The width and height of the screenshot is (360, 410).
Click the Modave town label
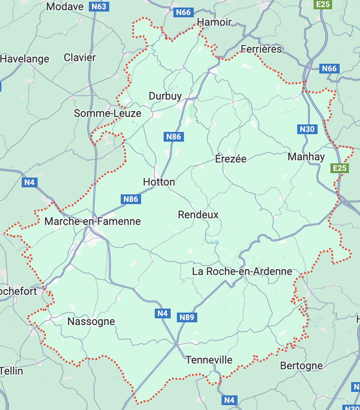coord(65,7)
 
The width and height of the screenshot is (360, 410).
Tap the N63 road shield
coord(99,7)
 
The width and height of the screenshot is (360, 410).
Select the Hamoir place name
coord(214,22)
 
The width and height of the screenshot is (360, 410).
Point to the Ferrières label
coord(261,49)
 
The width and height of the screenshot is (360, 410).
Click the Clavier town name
coord(80,58)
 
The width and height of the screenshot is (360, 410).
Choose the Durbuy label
coord(165,96)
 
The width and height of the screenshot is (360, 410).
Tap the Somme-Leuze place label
coord(107,113)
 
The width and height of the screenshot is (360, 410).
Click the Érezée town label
coord(230,159)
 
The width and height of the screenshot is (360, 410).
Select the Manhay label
coord(306,157)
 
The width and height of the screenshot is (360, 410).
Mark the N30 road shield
coord(307,129)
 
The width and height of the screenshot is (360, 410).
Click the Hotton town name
coord(159,182)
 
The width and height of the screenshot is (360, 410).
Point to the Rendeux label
coord(198,215)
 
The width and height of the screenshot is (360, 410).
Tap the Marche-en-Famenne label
coord(93,221)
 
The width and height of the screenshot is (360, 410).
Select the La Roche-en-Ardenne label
coord(242,271)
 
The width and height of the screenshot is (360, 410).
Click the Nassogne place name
coord(91,321)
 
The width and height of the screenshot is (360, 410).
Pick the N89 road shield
coord(187,317)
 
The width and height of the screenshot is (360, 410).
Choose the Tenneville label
coord(209,360)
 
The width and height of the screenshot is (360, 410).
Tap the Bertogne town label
coord(301,366)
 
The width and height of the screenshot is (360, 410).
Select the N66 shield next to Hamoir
coord(183,12)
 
